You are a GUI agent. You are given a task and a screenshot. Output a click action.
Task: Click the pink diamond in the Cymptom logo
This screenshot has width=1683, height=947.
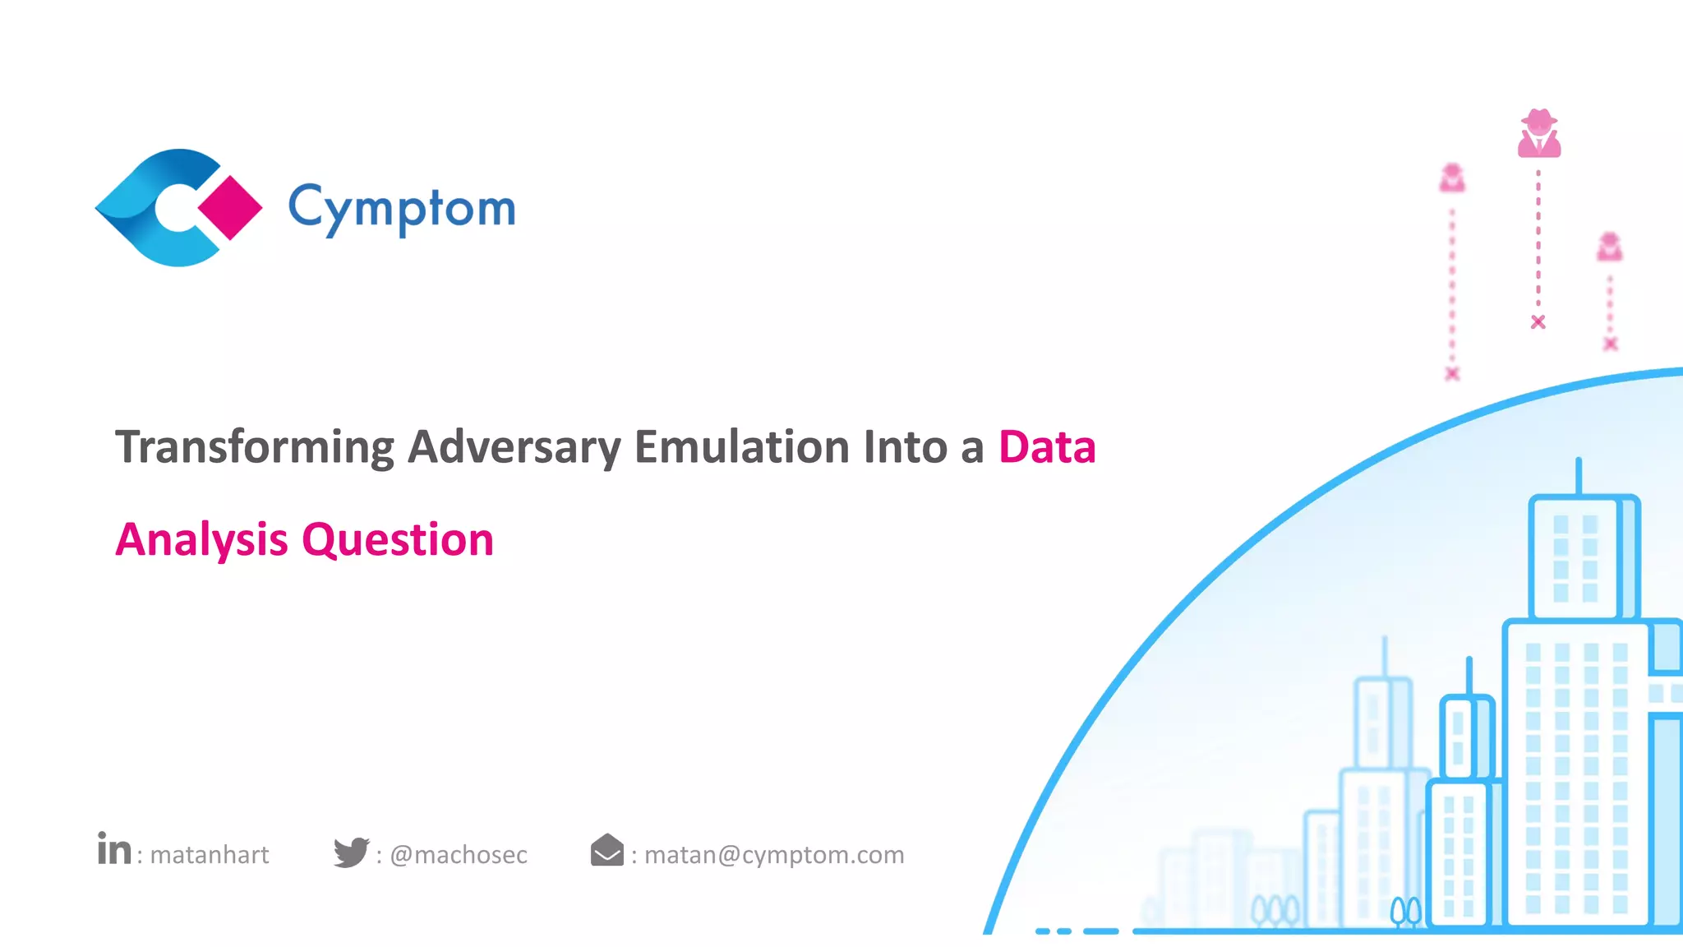click(230, 207)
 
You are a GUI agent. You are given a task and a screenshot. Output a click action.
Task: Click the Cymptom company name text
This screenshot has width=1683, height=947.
click(402, 208)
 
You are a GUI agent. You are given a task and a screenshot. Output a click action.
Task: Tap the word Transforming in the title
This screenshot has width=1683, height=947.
click(255, 447)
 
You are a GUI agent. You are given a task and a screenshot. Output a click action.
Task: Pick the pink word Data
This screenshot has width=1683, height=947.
click(1046, 447)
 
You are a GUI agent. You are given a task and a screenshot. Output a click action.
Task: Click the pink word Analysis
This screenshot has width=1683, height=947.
click(201, 540)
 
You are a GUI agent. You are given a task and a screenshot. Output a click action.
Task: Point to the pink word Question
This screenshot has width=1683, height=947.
click(398, 540)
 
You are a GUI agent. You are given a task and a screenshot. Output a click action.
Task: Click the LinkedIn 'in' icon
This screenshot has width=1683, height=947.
click(114, 850)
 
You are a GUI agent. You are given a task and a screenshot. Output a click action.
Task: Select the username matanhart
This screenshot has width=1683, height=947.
click(210, 855)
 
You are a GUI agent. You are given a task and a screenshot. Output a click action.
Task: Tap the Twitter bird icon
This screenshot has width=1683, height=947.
click(352, 852)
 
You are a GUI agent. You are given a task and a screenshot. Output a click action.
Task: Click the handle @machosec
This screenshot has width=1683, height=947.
click(459, 855)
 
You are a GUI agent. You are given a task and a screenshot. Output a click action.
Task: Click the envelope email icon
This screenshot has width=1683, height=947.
click(607, 851)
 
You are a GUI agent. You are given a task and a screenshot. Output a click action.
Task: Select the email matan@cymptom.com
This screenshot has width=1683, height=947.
click(773, 855)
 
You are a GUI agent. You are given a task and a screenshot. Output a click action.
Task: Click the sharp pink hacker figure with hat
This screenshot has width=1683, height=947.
click(1538, 133)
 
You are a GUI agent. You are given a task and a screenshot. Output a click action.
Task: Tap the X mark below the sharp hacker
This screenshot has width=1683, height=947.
click(1538, 322)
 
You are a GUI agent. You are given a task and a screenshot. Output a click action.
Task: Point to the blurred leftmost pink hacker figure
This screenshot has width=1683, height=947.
click(1452, 178)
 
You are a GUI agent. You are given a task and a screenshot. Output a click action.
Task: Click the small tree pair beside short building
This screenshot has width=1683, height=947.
click(1406, 912)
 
